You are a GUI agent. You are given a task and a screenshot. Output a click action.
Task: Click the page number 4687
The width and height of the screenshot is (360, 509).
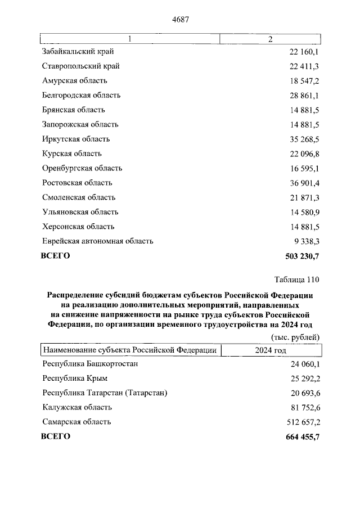click(x=179, y=19)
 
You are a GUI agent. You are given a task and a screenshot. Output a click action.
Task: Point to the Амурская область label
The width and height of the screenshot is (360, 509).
click(x=74, y=81)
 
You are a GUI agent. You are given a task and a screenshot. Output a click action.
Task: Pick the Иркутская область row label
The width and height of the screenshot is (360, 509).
click(x=76, y=139)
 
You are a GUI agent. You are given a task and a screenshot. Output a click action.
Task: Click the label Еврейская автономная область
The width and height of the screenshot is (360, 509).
click(x=97, y=241)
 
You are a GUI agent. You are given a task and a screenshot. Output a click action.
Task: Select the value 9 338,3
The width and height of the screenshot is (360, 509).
click(x=305, y=241)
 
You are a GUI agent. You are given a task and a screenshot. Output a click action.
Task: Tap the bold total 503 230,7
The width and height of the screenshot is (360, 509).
click(x=301, y=256)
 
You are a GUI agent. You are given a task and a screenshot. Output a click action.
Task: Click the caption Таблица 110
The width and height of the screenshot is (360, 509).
click(x=297, y=280)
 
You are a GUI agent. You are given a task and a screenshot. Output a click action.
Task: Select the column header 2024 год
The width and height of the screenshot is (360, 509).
click(x=271, y=350)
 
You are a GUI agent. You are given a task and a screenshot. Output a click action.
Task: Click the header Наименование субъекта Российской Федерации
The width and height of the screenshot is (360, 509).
click(x=129, y=350)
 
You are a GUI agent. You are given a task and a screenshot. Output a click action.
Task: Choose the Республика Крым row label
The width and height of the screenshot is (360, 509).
click(x=75, y=378)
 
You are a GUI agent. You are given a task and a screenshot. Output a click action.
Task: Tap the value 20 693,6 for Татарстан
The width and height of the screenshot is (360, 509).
click(x=303, y=393)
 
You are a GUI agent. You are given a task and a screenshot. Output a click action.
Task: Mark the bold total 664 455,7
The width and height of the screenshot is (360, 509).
click(x=301, y=436)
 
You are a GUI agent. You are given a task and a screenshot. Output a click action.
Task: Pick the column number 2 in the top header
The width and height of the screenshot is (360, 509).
click(x=271, y=39)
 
